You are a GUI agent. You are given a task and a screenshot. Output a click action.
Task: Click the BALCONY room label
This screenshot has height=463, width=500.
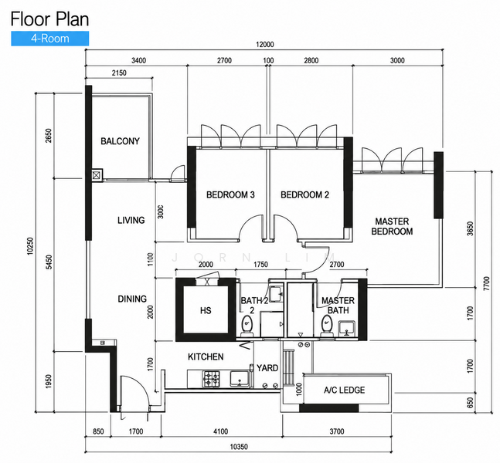pos(120,141)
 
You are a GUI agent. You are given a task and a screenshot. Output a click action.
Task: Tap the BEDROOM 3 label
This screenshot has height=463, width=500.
pos(230,194)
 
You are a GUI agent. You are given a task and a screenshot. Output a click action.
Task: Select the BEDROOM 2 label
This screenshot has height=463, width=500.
pos(304,194)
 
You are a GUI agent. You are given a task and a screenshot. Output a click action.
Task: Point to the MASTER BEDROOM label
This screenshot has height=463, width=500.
pos(392,226)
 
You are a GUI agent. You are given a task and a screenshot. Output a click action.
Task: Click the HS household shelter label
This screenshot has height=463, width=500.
pos(206,310)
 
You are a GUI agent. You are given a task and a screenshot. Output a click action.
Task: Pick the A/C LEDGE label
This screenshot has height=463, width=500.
pos(344,390)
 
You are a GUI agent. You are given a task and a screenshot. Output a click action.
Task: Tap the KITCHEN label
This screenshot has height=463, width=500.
pos(206,357)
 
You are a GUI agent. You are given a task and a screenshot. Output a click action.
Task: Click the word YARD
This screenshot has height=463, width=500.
pos(267,368)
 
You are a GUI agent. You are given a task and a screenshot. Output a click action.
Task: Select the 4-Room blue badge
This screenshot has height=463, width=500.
pos(50,39)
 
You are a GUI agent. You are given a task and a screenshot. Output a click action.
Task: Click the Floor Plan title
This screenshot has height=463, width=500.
pos(49,19)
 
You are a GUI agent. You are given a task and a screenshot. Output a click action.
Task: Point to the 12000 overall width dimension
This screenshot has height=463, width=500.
pos(265,44)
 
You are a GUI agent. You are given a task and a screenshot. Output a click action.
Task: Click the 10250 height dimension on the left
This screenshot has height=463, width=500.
pos(30,246)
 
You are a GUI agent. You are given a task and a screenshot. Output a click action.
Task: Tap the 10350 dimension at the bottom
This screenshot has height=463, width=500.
pos(239,447)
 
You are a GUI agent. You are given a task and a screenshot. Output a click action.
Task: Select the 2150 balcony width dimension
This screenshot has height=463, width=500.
pos(119,73)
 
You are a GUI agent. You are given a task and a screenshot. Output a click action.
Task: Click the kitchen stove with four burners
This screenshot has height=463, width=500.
pos(212,379)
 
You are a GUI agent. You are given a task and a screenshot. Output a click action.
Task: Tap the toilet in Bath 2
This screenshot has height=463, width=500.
pos(247,326)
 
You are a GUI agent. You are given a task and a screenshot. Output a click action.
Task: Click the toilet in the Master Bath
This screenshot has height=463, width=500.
pos(327,326)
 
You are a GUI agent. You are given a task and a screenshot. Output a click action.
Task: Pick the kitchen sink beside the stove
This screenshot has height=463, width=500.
pos(240,378)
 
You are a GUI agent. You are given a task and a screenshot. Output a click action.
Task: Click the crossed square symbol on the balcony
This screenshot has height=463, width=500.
pos(97,175)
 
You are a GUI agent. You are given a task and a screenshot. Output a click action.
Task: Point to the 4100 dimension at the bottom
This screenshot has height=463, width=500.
pos(220,431)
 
